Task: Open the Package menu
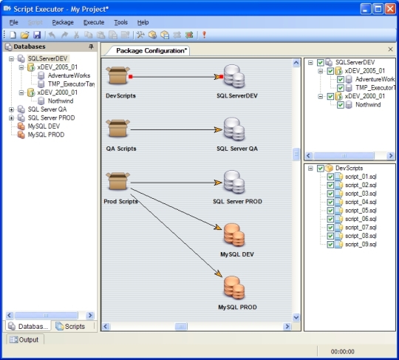pos(63,22)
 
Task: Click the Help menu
pos(143,22)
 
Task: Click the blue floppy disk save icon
pos(37,35)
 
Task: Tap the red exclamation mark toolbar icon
pos(204,35)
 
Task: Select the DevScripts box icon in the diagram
pos(117,75)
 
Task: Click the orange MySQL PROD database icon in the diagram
pos(234,288)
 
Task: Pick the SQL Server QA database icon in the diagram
pos(234,129)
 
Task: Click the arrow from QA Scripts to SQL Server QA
pos(177,130)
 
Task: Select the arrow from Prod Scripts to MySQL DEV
pos(176,208)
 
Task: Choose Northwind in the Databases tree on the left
pos(61,101)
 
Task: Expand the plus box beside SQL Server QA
pos(11,109)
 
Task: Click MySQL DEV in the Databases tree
pos(44,126)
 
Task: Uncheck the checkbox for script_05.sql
pos(330,211)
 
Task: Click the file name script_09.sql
pos(361,245)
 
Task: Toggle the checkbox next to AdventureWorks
pos(341,79)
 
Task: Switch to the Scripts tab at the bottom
pos(70,326)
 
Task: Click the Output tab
pos(24,339)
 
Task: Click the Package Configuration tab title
pos(151,51)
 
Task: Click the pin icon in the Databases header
pos(91,47)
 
